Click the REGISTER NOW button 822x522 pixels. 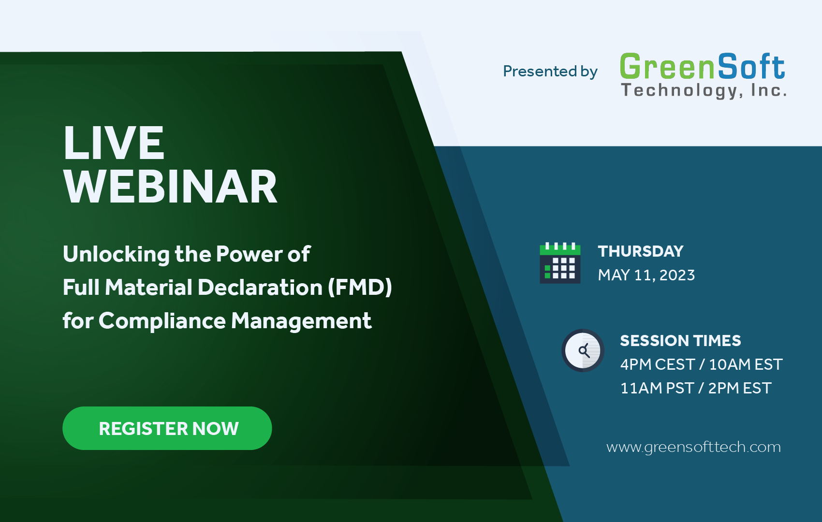coord(167,428)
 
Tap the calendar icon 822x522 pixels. coord(560,263)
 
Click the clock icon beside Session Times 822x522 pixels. coord(583,350)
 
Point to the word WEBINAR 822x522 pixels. coord(170,187)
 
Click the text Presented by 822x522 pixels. coord(550,72)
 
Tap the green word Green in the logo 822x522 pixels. coord(667,67)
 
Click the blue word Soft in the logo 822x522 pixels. coord(751,67)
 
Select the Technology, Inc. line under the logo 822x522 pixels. coord(704,90)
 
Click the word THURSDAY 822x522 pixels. coord(641,251)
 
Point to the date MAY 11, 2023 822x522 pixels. coord(646,275)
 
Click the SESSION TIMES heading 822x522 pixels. coord(680,341)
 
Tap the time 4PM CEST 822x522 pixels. coord(657,364)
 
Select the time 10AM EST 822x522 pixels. coord(746,364)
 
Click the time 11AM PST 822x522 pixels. coord(657,388)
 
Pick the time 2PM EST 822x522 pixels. coord(740,388)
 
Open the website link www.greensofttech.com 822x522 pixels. coord(693,447)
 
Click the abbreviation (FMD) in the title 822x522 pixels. coord(360,288)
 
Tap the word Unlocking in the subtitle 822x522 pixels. coord(116,254)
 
